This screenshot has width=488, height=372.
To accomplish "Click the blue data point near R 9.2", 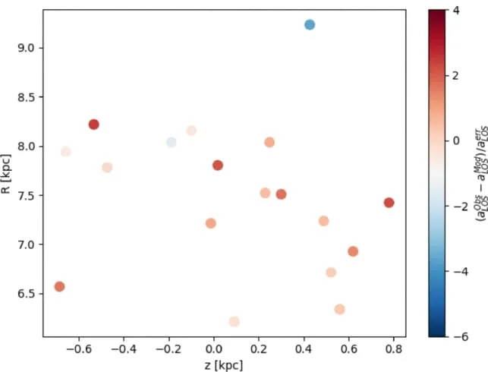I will (x=310, y=25).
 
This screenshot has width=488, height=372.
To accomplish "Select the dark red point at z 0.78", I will (x=389, y=203).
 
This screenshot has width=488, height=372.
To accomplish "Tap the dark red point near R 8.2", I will (x=94, y=125).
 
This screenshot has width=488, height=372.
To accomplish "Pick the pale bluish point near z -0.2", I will (x=172, y=142).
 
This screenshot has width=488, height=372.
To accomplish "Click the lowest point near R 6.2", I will (x=235, y=322).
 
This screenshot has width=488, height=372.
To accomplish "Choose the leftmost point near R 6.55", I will (x=60, y=286).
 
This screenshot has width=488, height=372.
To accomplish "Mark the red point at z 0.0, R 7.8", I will (x=218, y=166).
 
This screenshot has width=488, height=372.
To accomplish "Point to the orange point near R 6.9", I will (x=353, y=251).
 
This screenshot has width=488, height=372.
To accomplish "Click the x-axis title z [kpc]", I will (x=225, y=365).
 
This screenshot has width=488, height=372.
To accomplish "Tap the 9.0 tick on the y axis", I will (x=26, y=48).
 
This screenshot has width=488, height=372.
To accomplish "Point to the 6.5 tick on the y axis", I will (x=26, y=293).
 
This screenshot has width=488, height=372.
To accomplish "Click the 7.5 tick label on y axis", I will (x=26, y=195).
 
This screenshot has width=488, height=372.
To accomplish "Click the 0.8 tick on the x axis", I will (x=394, y=351).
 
